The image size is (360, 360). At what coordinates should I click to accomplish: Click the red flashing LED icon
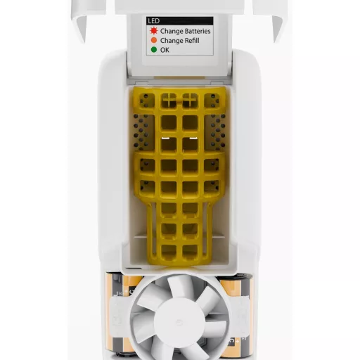(x=154, y=31)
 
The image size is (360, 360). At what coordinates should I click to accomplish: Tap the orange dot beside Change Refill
(x=154, y=40)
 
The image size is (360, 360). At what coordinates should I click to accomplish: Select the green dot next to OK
(x=154, y=50)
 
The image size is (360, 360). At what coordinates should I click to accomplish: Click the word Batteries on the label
(x=197, y=31)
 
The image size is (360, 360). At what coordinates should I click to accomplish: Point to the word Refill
(x=191, y=41)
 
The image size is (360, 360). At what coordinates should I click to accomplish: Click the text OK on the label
(x=165, y=50)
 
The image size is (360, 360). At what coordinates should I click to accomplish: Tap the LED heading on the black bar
(x=154, y=21)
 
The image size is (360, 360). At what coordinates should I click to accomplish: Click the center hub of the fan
(x=179, y=322)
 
